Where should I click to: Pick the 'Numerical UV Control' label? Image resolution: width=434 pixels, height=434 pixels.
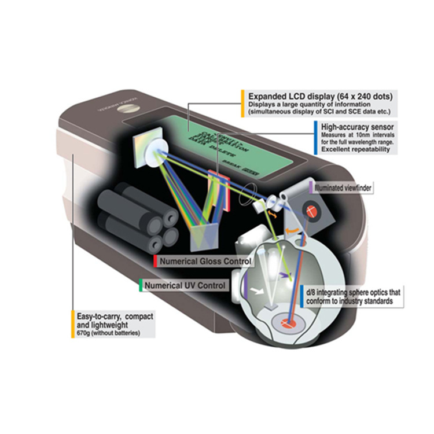pos(185,285)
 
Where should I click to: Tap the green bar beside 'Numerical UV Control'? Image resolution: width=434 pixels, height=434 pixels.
pos(141,285)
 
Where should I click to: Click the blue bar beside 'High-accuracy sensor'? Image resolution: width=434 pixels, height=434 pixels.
pos(314,137)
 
